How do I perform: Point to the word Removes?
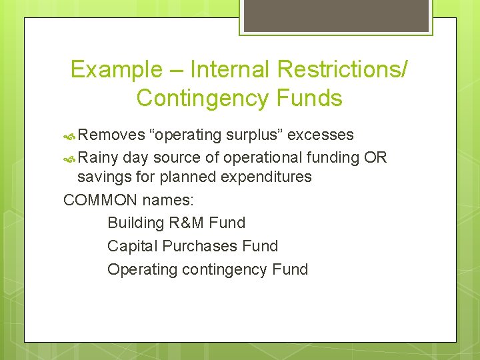(x=111, y=135)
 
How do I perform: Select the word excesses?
(x=320, y=135)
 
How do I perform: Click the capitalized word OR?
(x=375, y=157)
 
